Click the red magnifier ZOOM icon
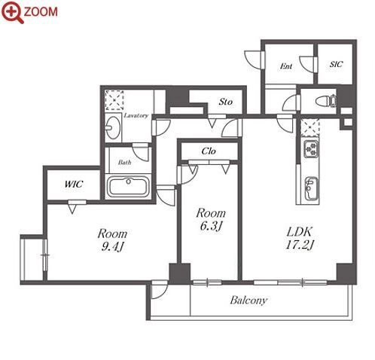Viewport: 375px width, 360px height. [x=13, y=12]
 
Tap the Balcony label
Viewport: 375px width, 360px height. [x=248, y=301]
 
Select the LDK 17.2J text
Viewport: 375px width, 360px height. [x=300, y=238]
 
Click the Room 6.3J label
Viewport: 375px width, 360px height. [x=211, y=219]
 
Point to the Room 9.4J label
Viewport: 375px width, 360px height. [x=112, y=240]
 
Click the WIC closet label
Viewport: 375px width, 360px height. [x=74, y=185]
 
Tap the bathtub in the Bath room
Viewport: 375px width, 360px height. [x=128, y=186]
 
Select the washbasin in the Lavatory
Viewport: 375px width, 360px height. [x=112, y=127]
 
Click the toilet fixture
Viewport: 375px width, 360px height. [x=325, y=102]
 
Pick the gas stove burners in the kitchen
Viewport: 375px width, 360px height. [x=311, y=148]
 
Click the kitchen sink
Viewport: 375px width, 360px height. [x=311, y=189]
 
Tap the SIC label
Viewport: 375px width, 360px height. [x=336, y=64]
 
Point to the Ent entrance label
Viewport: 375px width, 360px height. [x=286, y=66]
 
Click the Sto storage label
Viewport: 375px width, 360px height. [x=225, y=102]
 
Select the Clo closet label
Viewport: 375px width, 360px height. [x=209, y=151]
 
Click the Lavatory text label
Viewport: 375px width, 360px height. [x=136, y=115]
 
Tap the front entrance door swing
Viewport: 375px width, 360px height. [x=254, y=59]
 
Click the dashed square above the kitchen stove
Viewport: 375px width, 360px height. [x=310, y=128]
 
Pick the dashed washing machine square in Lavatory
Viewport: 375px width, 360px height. [x=114, y=100]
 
